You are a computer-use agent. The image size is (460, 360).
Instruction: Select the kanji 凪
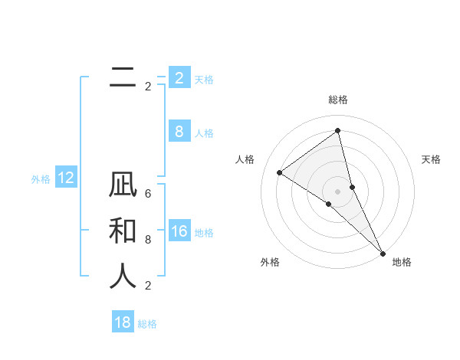pos(123,187)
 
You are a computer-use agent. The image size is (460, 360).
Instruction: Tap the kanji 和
pos(123,232)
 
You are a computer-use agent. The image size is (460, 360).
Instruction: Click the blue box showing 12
pos(66,178)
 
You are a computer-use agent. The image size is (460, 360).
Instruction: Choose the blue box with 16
pos(179,232)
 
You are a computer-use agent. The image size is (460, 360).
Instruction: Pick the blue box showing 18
pos(123,322)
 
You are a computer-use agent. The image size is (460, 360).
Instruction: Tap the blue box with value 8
pos(179,132)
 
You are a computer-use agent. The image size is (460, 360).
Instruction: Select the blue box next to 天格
pos(179,78)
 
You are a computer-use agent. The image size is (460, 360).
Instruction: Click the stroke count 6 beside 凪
pos(148,194)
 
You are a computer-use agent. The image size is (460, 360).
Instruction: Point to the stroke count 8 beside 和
pos(148,240)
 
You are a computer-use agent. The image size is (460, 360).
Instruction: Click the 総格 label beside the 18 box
pos(147,324)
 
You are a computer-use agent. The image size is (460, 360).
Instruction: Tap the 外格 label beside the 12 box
pos(41,179)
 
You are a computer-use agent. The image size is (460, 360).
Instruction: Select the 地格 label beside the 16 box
pos(204,233)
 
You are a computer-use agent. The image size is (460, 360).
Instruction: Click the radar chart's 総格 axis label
pos(337,100)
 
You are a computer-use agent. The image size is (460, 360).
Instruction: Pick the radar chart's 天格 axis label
pos(431,159)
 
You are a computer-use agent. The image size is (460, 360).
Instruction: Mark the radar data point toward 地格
pos(383,252)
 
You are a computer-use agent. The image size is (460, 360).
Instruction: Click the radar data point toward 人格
pos(280,172)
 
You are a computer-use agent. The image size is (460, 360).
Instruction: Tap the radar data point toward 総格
pos(337,130)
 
